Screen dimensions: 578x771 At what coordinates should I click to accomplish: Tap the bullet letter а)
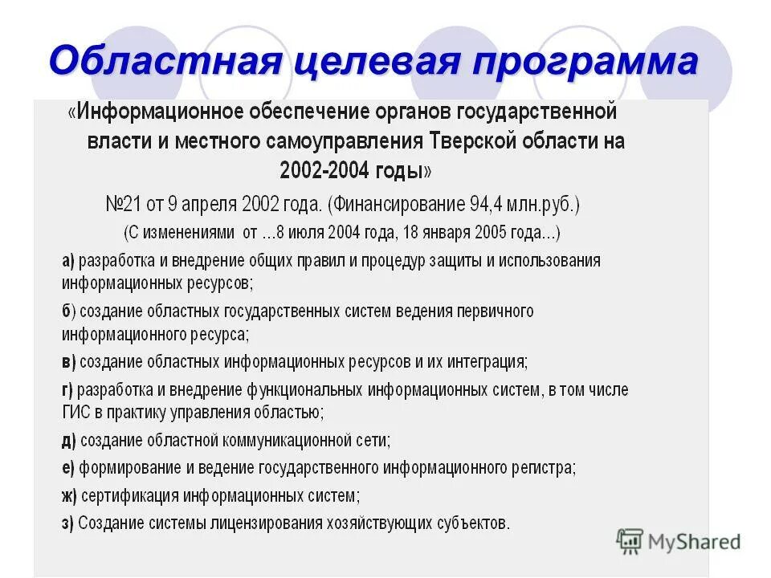tap(68, 261)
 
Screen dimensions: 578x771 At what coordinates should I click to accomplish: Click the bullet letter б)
tap(68, 311)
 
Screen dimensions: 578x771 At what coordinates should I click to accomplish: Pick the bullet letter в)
tap(68, 361)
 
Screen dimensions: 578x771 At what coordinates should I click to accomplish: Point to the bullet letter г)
tap(67, 390)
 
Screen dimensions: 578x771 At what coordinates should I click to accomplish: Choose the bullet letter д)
tap(68, 440)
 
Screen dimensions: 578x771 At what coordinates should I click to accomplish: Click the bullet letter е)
tap(68, 468)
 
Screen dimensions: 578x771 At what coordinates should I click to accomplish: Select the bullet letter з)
tap(68, 523)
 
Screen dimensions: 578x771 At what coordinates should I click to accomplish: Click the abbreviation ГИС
tap(75, 413)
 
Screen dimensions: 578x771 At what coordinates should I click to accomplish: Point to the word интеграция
tap(487, 361)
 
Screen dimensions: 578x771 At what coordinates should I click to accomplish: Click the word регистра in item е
tap(545, 468)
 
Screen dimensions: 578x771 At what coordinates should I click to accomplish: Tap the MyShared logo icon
tap(630, 541)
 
